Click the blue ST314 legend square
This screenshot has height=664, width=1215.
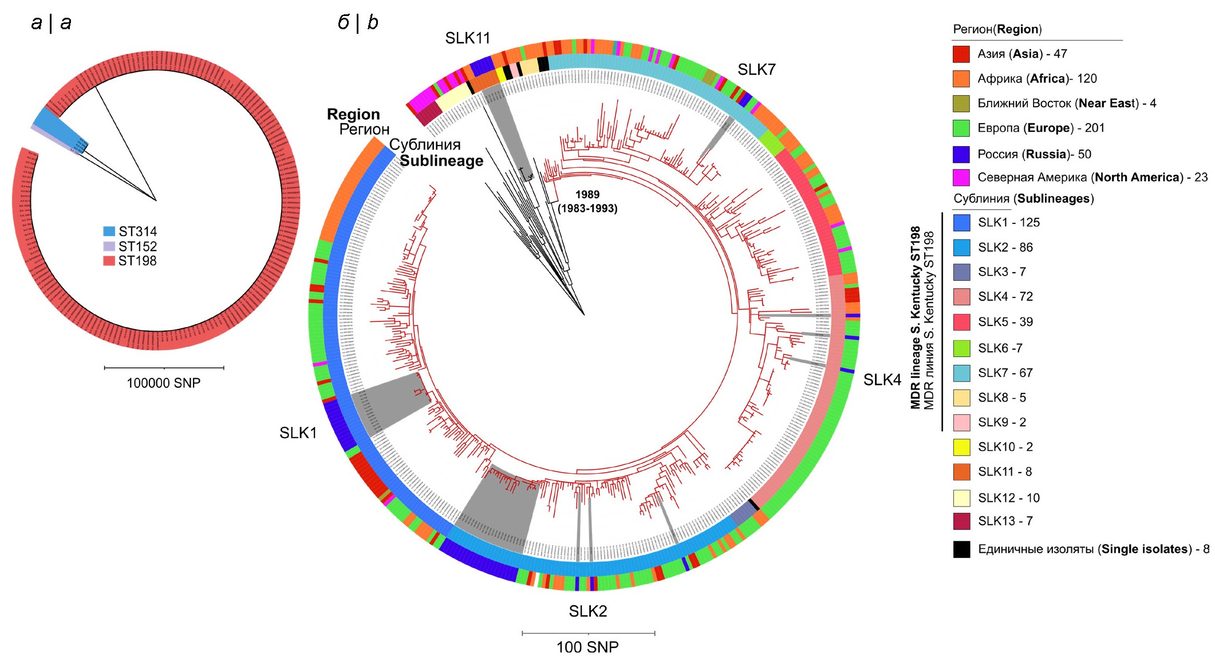click(109, 231)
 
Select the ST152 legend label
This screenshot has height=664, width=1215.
click(137, 246)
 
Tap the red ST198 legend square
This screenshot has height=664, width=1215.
click(109, 261)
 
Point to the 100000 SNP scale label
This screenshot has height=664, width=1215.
click(164, 383)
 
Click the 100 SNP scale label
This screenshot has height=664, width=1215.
click(587, 647)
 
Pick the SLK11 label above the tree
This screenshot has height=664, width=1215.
click(468, 38)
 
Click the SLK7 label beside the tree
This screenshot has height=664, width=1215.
click(756, 70)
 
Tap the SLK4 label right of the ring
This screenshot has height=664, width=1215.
click(882, 380)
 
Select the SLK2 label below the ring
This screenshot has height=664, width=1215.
click(587, 611)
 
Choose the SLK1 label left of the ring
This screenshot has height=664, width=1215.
click(298, 433)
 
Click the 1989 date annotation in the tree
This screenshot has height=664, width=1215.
click(587, 195)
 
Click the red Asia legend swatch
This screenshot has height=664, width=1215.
click(961, 54)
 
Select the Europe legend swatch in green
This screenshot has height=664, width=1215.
click(961, 128)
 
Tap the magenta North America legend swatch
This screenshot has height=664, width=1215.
click(961, 178)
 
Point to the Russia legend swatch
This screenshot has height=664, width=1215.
click(961, 154)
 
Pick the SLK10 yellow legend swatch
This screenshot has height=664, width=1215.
click(961, 447)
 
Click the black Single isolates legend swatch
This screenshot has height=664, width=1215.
click(961, 549)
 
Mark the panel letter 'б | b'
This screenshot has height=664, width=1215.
click(358, 23)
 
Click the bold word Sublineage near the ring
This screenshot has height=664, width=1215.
click(441, 161)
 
